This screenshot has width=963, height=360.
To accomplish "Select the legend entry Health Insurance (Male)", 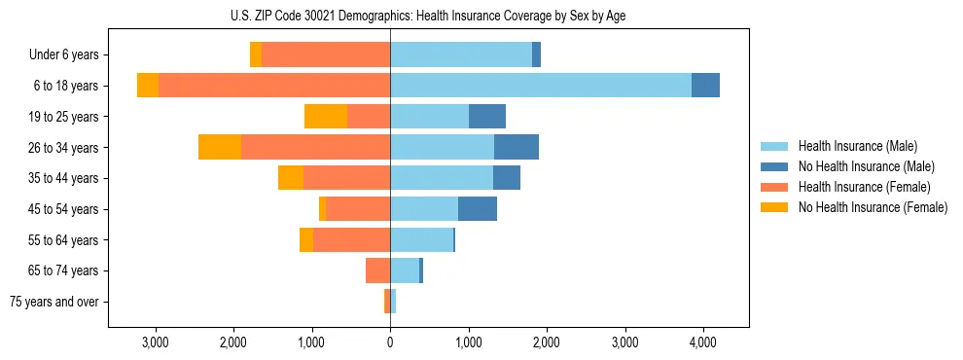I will click(857, 146).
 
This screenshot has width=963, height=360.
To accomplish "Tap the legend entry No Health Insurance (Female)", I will click(873, 207).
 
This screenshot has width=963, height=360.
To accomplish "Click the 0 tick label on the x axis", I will click(390, 342).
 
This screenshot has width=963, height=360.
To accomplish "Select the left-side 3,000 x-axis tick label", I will click(156, 342).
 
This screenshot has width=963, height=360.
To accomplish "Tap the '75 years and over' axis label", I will click(54, 302).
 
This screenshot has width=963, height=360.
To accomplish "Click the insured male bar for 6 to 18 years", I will click(540, 86).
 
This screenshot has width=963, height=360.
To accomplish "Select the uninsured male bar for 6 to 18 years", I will click(705, 86).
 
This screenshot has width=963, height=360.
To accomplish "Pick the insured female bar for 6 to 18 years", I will click(274, 86).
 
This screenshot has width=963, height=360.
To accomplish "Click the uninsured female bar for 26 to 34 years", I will click(220, 147).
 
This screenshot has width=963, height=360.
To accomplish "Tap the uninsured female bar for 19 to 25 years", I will click(326, 117).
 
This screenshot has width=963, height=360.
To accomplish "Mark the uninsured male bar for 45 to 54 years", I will click(478, 209).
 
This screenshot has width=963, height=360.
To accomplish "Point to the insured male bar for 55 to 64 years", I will click(421, 239).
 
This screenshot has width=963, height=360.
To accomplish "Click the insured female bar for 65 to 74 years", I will click(378, 270).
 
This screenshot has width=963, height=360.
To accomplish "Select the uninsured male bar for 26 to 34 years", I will click(517, 147).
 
